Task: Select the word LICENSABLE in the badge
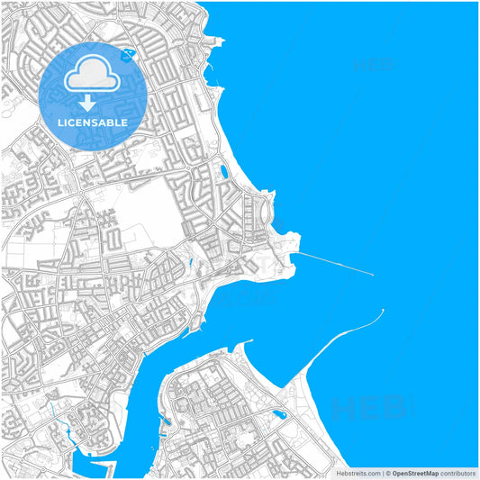pos(93,122)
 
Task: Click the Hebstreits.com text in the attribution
pos(358,473)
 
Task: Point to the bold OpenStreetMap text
pos(415,473)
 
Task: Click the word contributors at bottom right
pos(458,473)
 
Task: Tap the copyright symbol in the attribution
pos(385,473)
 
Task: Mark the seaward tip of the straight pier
pos(372,274)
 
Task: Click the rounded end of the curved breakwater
pos(382,312)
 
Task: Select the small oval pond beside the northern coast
pos(223,170)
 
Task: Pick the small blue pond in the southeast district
pos(278,415)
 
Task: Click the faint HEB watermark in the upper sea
pos(372,65)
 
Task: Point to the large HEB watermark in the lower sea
pos(369,410)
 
